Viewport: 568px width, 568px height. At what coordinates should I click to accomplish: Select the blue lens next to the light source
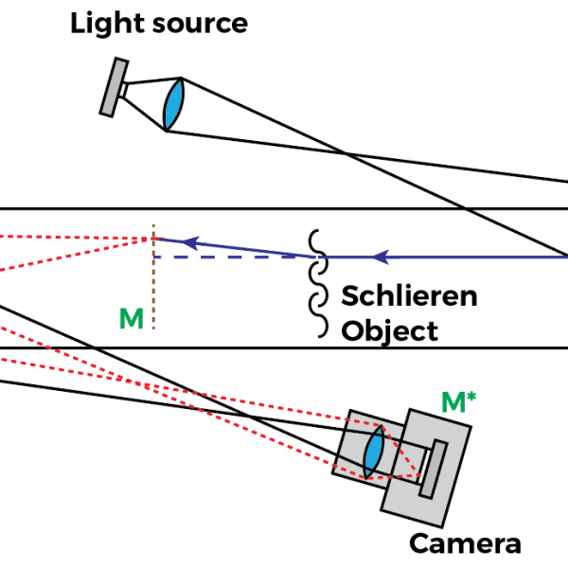click(x=172, y=104)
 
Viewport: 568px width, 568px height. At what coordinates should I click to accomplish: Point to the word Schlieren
click(x=409, y=295)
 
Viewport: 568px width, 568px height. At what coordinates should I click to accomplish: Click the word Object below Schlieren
click(x=390, y=330)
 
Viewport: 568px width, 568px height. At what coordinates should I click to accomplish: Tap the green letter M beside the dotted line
click(x=132, y=319)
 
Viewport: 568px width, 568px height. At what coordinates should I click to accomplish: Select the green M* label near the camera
click(x=459, y=401)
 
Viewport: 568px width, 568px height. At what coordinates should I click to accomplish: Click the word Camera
click(x=465, y=544)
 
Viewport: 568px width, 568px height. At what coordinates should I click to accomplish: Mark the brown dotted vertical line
click(x=153, y=284)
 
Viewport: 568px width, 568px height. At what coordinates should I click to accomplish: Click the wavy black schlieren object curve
click(x=318, y=284)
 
